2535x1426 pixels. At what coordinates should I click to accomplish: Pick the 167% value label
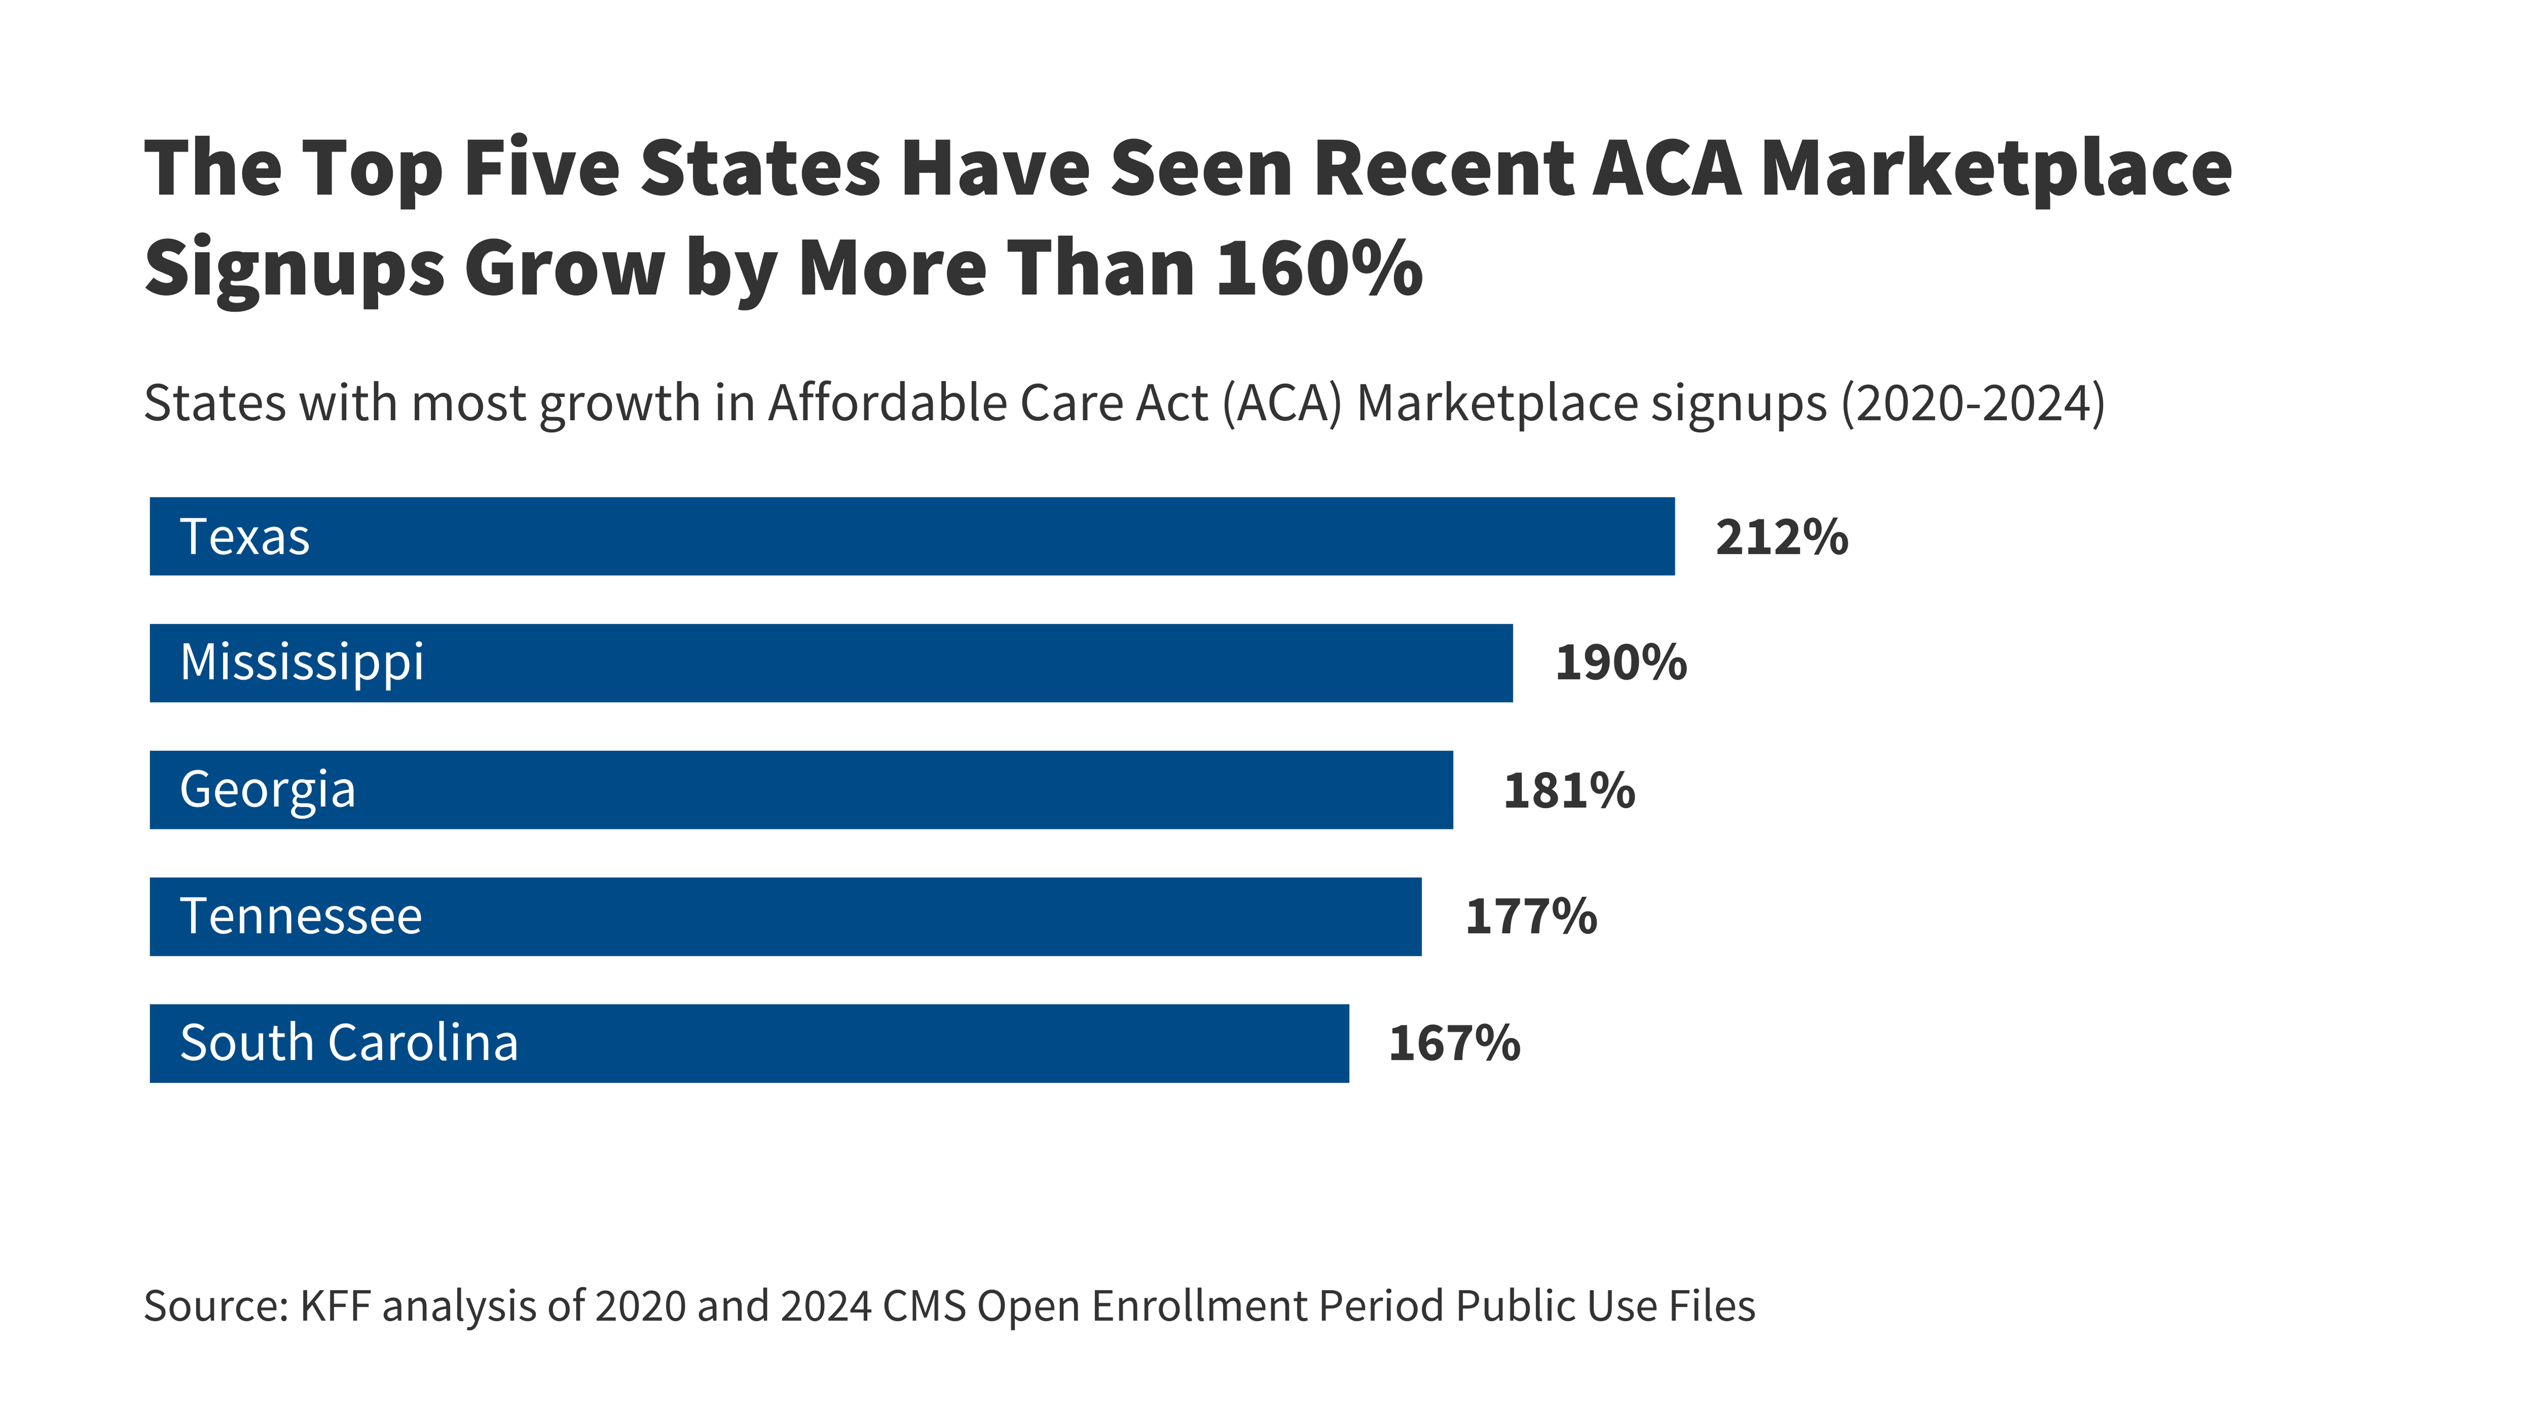(x=1454, y=1043)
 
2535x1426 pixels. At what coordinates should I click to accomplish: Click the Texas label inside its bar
(x=245, y=538)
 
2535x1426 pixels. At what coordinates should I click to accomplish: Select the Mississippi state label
(x=302, y=662)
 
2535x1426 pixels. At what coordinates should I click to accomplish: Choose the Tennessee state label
(x=301, y=916)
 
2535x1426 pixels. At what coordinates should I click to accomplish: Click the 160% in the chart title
(x=1319, y=268)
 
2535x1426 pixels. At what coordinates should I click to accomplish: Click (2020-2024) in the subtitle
(x=1973, y=404)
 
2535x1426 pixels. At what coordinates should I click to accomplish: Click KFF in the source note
(x=336, y=1306)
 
